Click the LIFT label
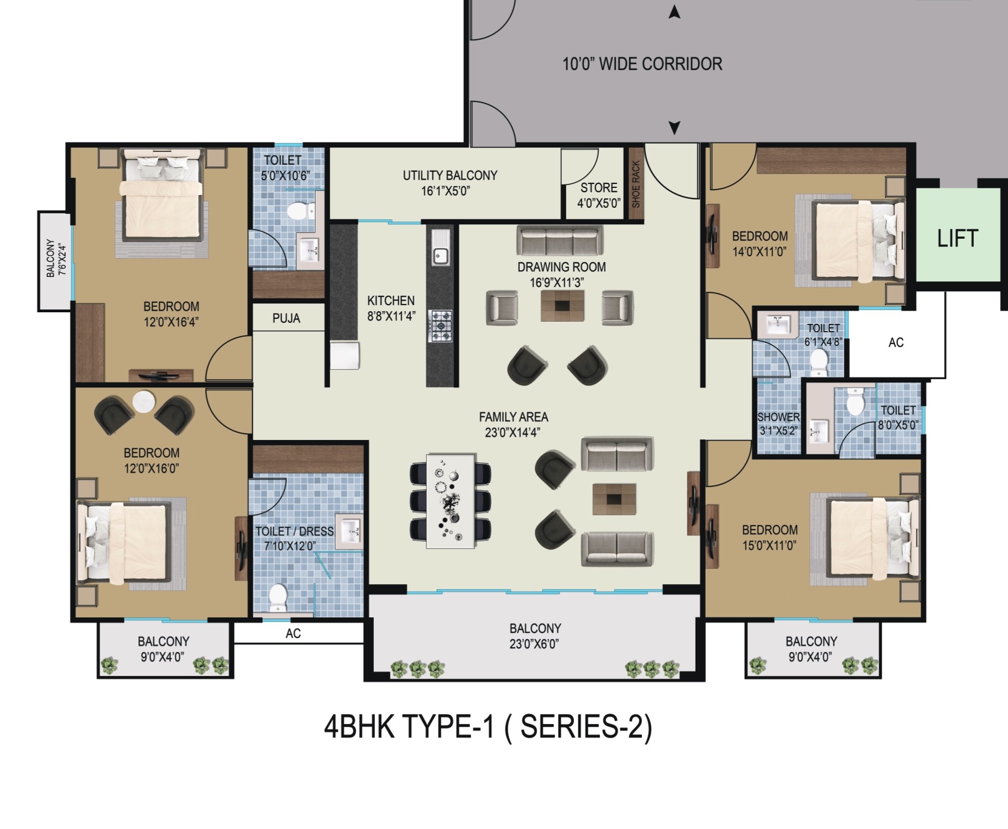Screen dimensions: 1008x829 957,238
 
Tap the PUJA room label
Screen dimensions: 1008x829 286,318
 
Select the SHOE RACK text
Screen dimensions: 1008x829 636,185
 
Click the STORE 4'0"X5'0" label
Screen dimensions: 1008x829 599,195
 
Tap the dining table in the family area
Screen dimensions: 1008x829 451,501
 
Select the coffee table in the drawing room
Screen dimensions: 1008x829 562,305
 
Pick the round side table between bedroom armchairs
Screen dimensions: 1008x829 144,402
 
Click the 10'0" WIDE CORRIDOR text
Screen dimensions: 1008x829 642,64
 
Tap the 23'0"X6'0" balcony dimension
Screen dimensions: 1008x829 535,644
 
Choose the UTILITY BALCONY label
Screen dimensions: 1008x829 450,176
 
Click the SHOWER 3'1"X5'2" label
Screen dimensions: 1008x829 778,423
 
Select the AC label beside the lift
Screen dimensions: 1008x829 896,343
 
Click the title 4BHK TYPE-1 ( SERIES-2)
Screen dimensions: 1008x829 488,726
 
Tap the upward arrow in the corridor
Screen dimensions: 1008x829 674,12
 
